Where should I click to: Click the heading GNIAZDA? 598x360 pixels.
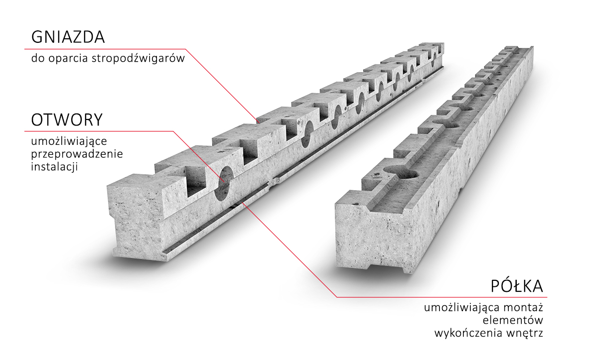pyautogui.click(x=68, y=37)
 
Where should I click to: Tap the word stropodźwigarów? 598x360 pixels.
pyautogui.click(x=139, y=58)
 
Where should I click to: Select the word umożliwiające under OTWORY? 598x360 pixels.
pyautogui.click(x=69, y=141)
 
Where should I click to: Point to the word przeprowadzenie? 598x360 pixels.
pyautogui.click(x=77, y=154)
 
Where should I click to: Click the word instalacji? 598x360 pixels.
pyautogui.click(x=54, y=167)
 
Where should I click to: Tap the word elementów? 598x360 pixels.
pyautogui.click(x=513, y=320)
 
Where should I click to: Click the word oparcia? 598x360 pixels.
pyautogui.click(x=68, y=59)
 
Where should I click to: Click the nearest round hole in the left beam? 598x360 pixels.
pyautogui.click(x=224, y=183)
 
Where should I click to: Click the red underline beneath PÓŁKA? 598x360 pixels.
pyautogui.click(x=442, y=297)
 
